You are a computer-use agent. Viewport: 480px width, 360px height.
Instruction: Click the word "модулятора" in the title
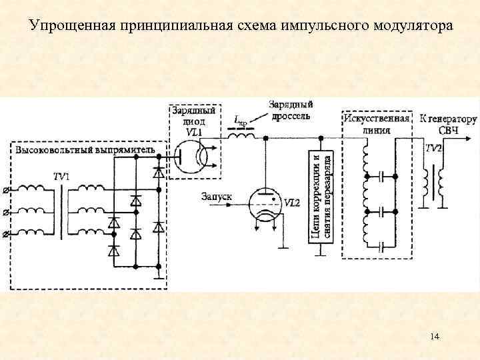409,26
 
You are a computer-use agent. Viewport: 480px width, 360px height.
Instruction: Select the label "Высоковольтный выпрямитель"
86,150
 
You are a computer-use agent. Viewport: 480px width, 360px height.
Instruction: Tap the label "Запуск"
216,197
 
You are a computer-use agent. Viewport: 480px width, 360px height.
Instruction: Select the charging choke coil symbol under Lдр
241,136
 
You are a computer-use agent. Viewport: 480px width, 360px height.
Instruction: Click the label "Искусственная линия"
377,124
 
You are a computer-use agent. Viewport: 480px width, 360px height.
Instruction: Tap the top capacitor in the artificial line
381,177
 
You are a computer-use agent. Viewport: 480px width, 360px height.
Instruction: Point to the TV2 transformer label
433,149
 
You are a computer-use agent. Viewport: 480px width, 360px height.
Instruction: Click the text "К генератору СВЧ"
448,124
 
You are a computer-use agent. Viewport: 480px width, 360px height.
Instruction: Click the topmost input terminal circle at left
7,191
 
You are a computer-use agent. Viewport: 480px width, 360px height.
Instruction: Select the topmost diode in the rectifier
158,173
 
